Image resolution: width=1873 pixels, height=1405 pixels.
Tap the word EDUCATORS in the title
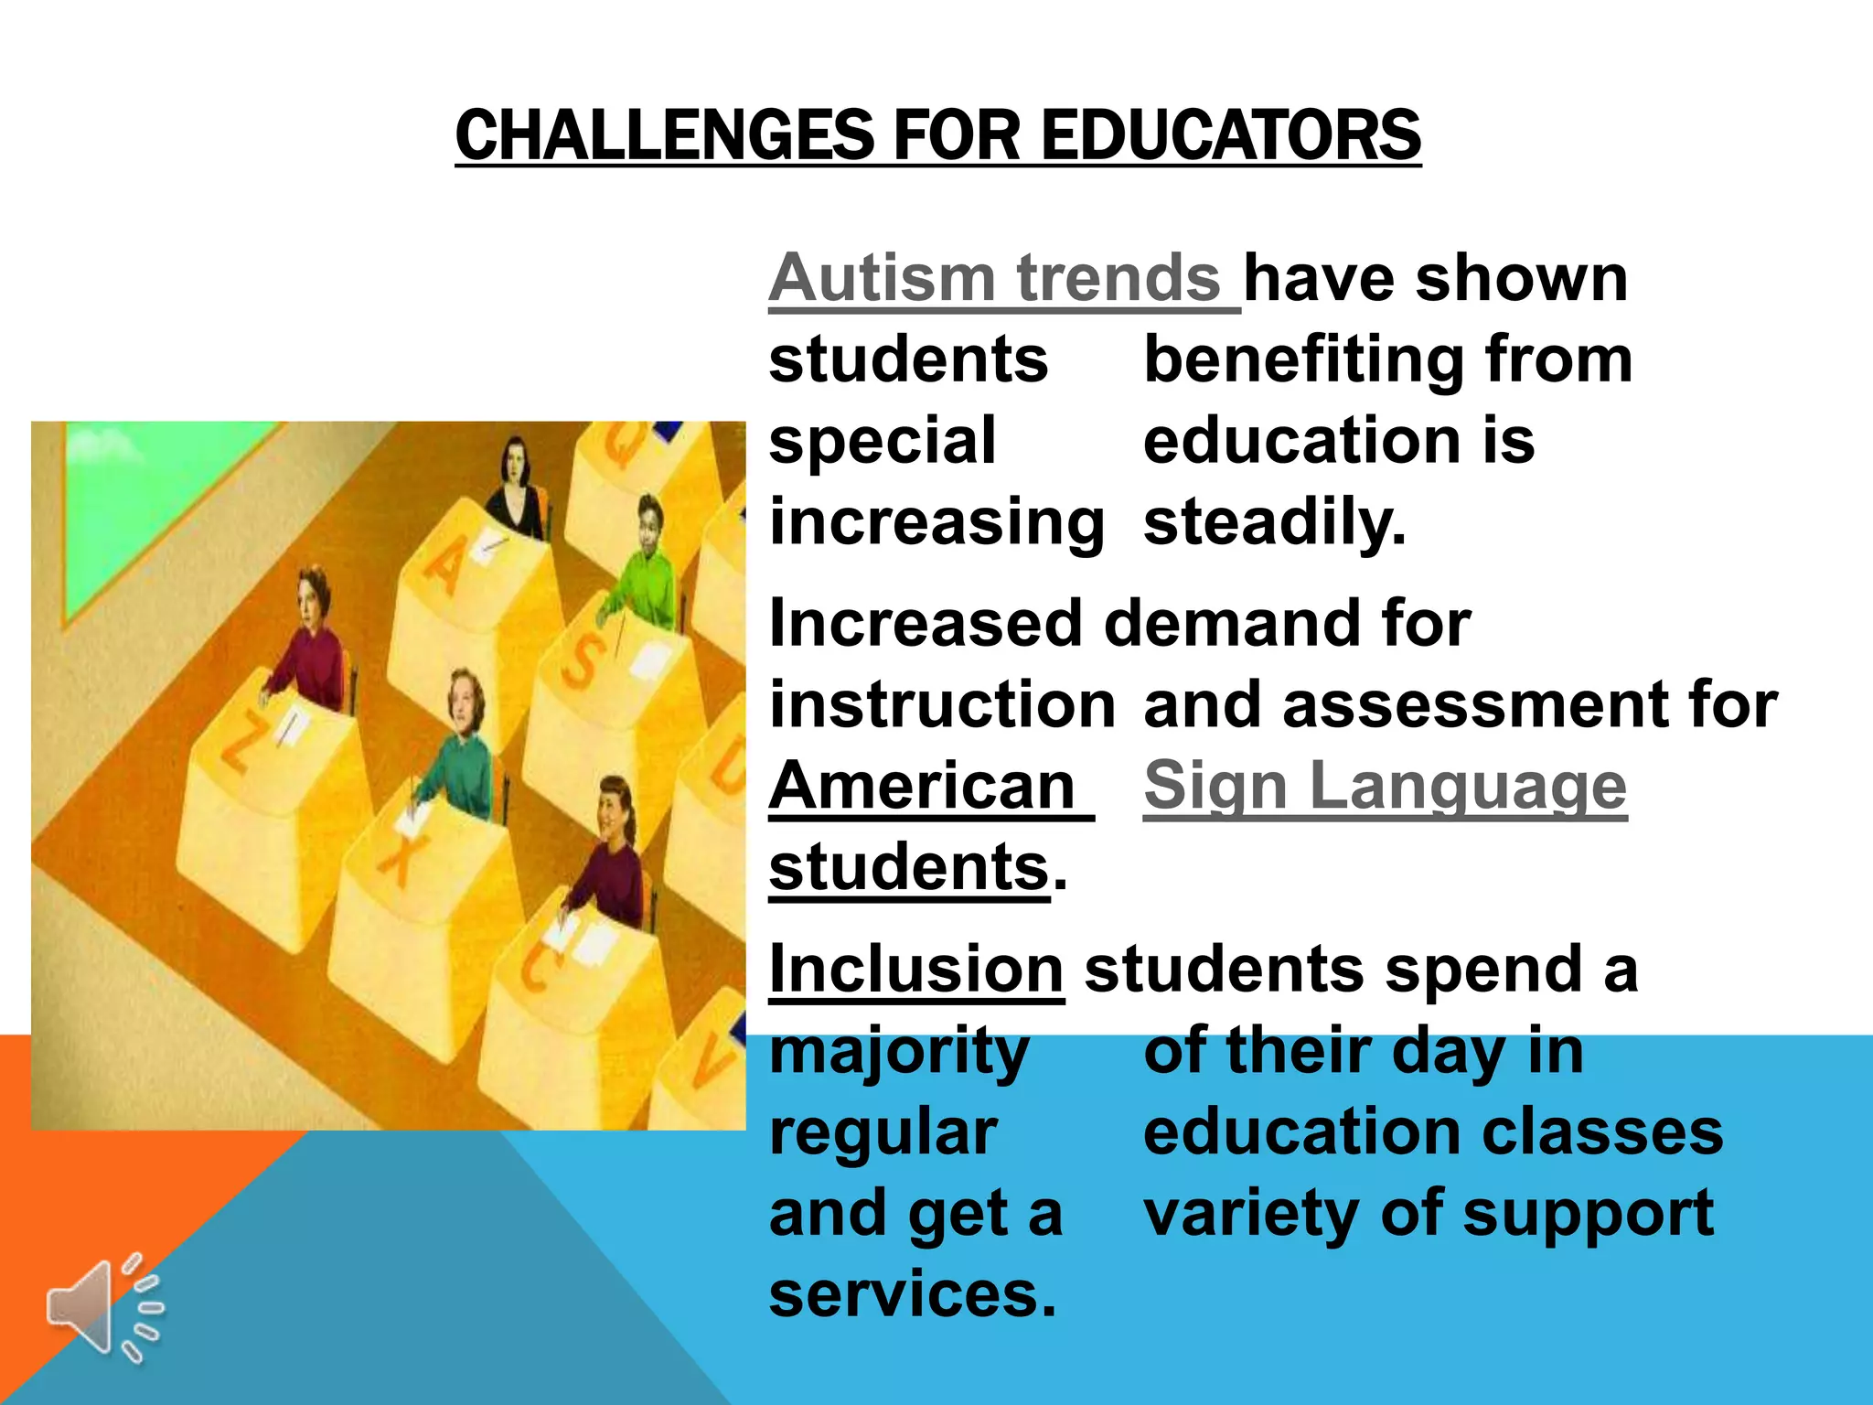pyautogui.click(x=1231, y=135)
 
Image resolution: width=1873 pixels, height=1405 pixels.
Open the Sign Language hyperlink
pyautogui.click(x=1385, y=787)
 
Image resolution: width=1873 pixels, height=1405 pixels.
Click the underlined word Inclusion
pyautogui.click(x=915, y=970)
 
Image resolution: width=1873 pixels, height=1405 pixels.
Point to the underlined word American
pyautogui.click(x=922, y=787)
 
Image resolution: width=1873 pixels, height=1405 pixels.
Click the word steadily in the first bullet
pyautogui.click(x=1274, y=523)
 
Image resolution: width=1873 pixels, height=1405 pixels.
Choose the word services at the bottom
pyautogui.click(x=912, y=1295)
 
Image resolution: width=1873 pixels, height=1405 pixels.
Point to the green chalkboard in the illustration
pyautogui.click(x=137, y=512)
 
